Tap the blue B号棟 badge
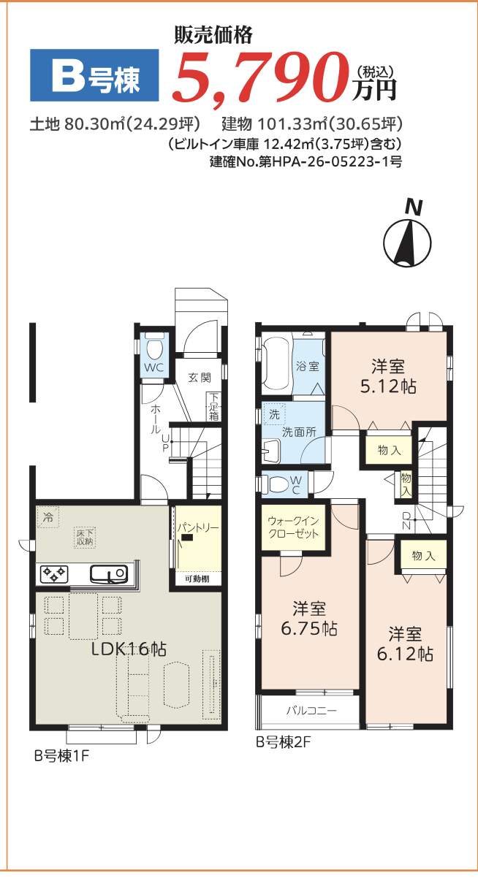click(x=94, y=75)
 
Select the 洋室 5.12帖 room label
click(x=388, y=376)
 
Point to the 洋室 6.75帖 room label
click(x=309, y=619)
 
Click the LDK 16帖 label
click(x=129, y=649)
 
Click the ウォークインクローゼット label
click(x=293, y=527)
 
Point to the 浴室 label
click(x=308, y=367)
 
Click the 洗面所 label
click(x=299, y=432)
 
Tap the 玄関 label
click(x=200, y=378)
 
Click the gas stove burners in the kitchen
click(x=53, y=574)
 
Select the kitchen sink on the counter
click(x=110, y=574)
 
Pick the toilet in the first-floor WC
click(x=154, y=346)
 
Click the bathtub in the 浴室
click(x=278, y=364)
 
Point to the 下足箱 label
click(x=213, y=406)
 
